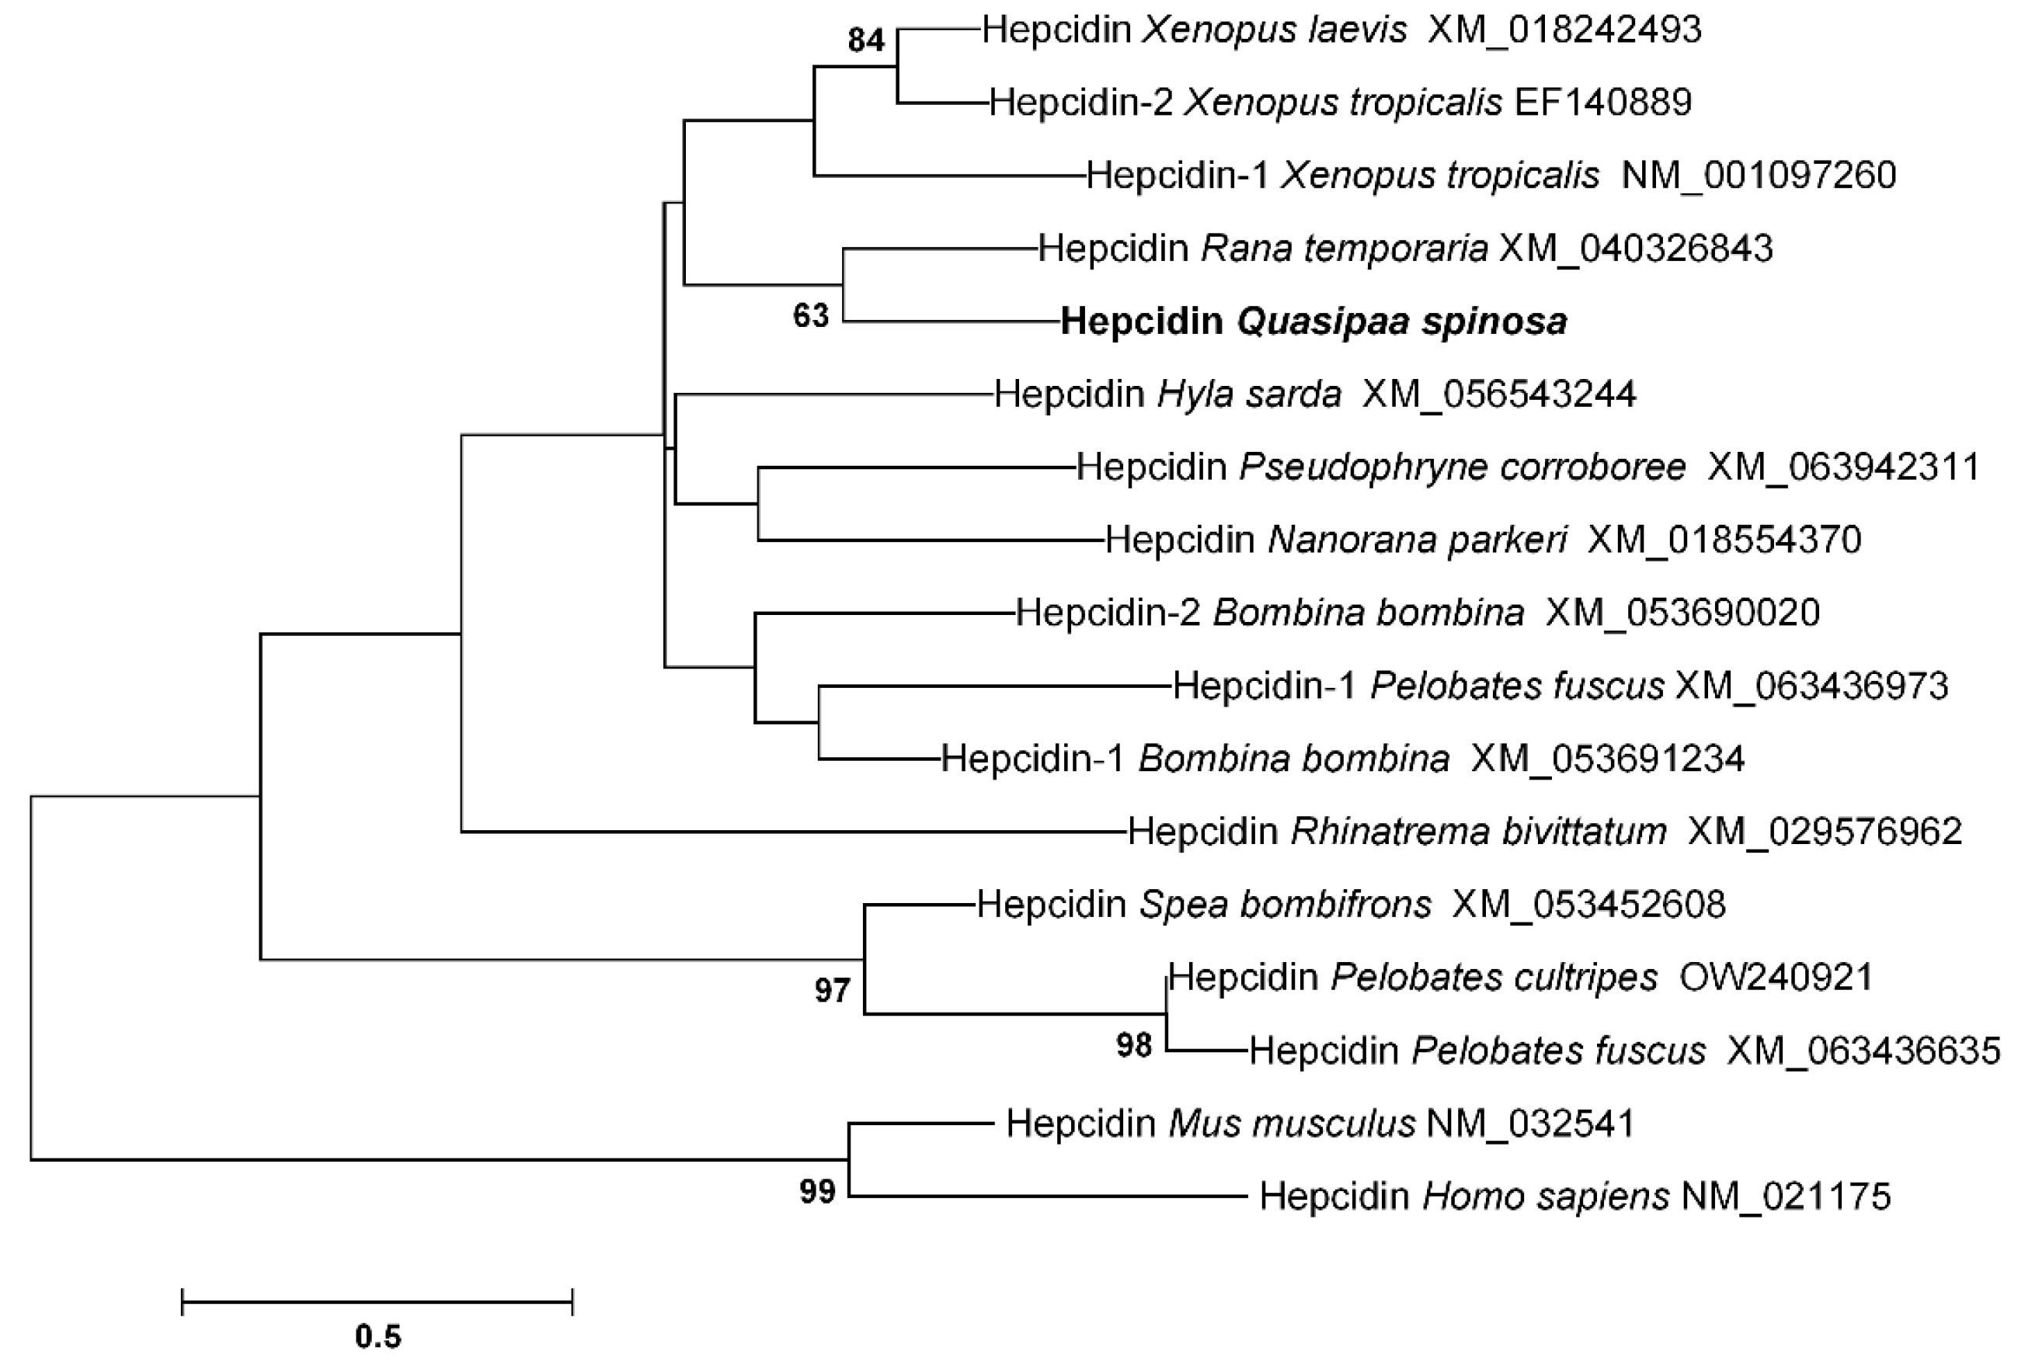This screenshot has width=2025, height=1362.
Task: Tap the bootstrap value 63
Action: (810, 316)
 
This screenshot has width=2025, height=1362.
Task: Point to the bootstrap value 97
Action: (832, 990)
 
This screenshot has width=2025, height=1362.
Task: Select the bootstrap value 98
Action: (1135, 1045)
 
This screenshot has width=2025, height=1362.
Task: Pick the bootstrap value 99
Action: (817, 1192)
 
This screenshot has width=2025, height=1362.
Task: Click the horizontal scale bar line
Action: (377, 1302)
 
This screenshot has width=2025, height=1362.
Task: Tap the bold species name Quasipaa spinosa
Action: (1401, 322)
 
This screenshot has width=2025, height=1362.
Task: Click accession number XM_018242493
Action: (1564, 30)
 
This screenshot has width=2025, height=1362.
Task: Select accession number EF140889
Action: (1602, 102)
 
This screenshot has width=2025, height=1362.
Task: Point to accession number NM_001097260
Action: (1759, 175)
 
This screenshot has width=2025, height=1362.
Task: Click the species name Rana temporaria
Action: (1344, 249)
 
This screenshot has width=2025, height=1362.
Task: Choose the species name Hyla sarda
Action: (1249, 394)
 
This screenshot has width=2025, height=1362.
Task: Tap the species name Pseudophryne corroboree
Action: (1462, 467)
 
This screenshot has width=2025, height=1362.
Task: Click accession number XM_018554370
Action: (1724, 540)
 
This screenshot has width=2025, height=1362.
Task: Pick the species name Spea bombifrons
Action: (1285, 905)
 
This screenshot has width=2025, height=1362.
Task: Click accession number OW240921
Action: (1775, 978)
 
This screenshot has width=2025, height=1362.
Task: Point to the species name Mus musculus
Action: (1291, 1124)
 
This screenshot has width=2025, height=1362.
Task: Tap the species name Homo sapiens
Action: (1546, 1197)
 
